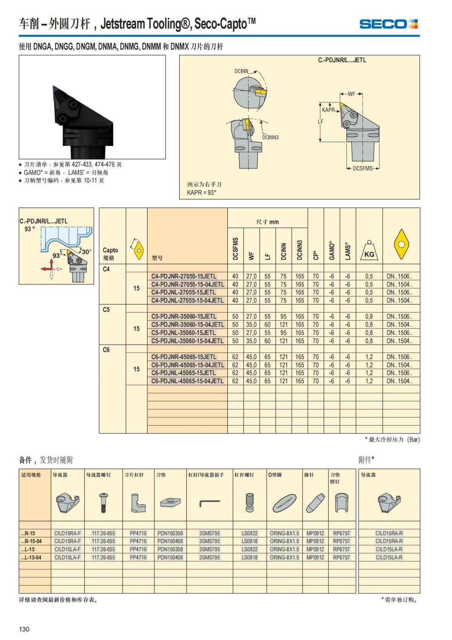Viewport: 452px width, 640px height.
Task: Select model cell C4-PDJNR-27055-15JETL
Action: click(184, 276)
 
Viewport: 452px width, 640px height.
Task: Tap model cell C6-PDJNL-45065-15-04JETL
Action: click(188, 381)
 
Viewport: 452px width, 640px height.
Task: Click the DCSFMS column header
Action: click(235, 249)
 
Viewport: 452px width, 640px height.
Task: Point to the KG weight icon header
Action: click(369, 250)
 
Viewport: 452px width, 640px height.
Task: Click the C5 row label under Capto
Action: click(106, 310)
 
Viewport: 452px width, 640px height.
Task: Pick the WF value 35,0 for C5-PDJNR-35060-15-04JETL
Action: click(251, 325)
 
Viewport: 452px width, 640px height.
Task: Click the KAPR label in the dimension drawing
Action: click(328, 110)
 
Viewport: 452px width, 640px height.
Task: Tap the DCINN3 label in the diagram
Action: click(270, 137)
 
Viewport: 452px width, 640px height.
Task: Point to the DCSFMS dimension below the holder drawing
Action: click(363, 168)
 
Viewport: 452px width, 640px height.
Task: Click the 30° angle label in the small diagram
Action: click(86, 252)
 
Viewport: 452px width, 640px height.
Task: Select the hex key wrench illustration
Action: click(209, 502)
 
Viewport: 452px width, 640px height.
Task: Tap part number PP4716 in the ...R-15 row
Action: click(138, 533)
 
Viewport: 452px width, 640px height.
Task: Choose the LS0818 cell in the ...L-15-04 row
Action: click(250, 557)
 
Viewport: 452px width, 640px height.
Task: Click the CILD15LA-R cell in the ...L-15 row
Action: click(389, 549)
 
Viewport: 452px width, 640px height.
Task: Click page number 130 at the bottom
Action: click(24, 629)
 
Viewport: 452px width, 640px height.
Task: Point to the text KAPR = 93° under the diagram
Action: click(202, 193)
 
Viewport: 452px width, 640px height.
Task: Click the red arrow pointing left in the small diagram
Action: click(46, 269)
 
